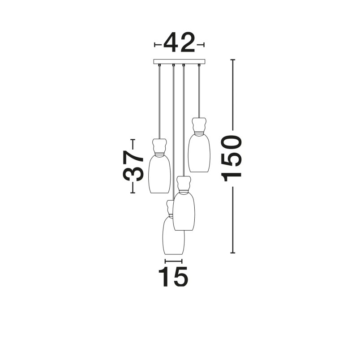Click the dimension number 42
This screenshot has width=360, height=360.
click(x=179, y=43)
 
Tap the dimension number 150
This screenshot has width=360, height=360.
click(x=231, y=159)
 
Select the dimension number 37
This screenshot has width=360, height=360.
click(x=133, y=166)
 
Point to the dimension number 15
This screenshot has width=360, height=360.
click(x=173, y=277)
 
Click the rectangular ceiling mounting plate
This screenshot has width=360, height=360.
click(x=179, y=61)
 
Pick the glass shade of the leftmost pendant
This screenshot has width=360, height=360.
click(x=160, y=175)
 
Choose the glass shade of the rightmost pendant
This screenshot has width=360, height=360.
click(x=199, y=153)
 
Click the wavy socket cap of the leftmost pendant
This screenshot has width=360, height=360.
click(x=159, y=146)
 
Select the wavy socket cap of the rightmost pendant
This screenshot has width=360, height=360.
click(x=199, y=125)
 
